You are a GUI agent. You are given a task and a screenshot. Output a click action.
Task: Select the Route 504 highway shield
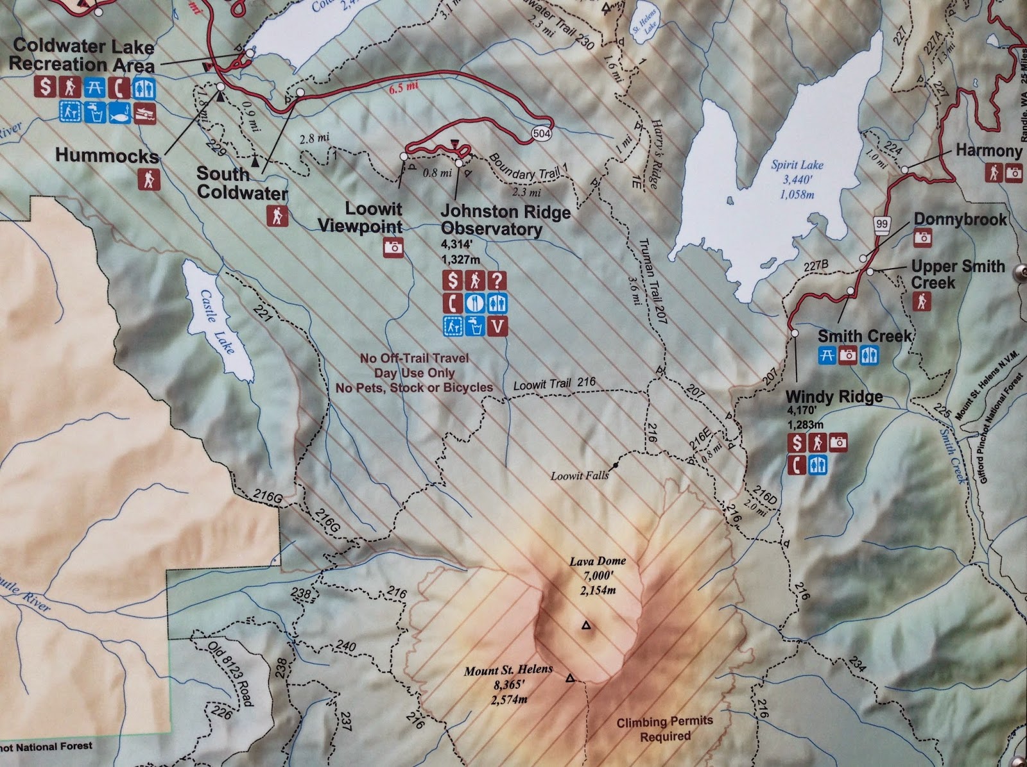point(540,133)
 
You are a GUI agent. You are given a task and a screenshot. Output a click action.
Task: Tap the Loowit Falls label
point(580,476)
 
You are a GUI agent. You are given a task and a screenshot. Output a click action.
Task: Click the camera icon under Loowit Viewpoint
point(393,247)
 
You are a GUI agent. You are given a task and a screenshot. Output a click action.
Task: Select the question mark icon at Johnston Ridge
point(497,280)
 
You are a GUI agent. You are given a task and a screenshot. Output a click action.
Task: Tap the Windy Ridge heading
point(834,396)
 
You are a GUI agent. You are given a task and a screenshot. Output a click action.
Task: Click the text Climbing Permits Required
point(664,729)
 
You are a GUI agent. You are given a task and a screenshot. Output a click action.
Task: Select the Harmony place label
point(988,151)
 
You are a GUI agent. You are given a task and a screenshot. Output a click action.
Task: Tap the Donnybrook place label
point(960,219)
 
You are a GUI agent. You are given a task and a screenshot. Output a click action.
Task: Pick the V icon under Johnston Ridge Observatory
point(497,326)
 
